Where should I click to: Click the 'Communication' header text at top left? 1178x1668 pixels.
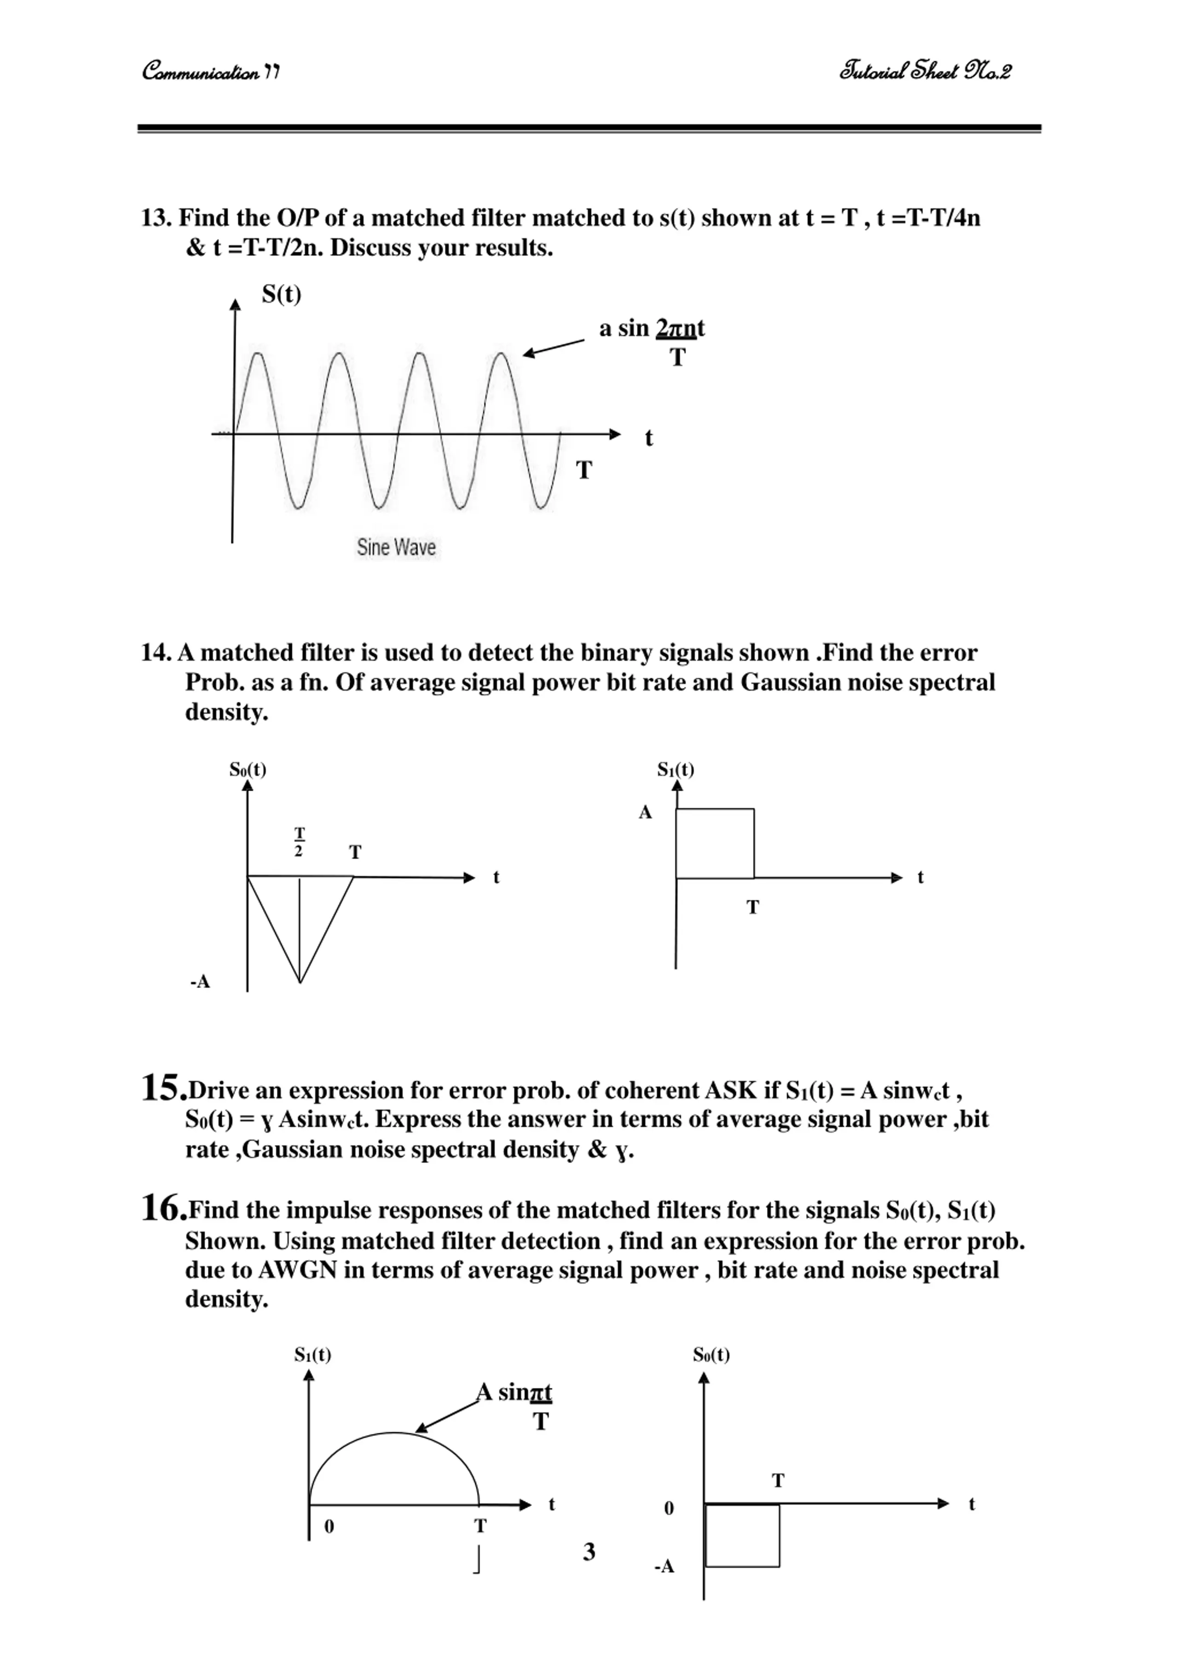pos(211,72)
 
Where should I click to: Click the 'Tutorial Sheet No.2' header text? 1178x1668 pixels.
pos(924,71)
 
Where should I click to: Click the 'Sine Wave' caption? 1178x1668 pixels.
pos(396,547)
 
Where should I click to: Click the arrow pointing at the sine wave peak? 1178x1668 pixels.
pos(554,347)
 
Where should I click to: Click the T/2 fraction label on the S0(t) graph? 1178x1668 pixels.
pos(299,841)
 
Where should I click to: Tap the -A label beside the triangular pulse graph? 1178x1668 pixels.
pos(200,982)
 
